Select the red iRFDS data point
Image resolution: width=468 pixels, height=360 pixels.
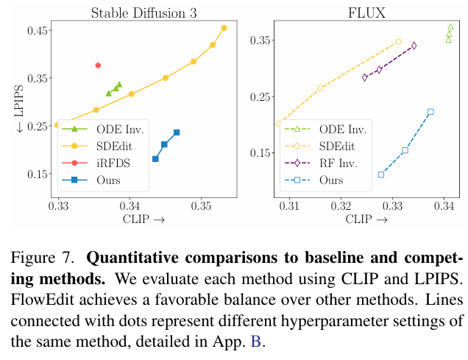tap(98, 66)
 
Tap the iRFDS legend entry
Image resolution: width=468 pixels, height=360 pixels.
tap(112, 163)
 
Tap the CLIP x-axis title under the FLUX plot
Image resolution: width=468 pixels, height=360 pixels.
tap(366, 219)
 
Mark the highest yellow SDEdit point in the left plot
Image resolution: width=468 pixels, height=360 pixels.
tap(224, 28)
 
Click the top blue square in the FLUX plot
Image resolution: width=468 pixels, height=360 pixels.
tap(430, 112)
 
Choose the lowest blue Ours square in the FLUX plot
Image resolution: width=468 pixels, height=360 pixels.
tap(381, 174)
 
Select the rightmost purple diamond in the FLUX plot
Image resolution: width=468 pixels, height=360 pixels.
tap(414, 46)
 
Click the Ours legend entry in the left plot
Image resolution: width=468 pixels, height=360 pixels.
tap(107, 179)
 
